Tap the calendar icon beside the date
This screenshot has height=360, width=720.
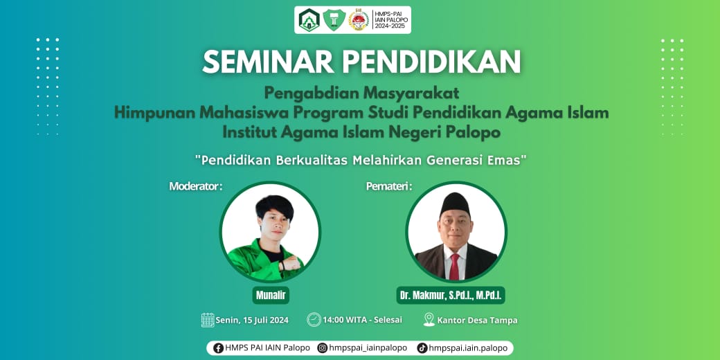208,320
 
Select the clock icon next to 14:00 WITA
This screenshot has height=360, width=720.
314,319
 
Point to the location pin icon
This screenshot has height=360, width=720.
429,319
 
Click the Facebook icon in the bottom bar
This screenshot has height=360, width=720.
219,348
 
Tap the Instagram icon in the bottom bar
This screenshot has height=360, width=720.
323,348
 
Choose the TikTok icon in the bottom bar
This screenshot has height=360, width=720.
422,348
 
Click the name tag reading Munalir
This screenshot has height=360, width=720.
271,295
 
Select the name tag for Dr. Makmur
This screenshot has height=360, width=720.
451,295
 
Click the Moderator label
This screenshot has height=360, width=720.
196,186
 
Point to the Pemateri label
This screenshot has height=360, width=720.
389,186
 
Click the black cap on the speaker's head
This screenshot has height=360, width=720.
455,204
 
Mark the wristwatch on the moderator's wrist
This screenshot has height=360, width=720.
281,266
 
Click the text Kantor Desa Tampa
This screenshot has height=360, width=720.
478,320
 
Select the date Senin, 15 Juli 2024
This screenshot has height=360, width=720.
252,320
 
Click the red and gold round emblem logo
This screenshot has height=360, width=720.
359,20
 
